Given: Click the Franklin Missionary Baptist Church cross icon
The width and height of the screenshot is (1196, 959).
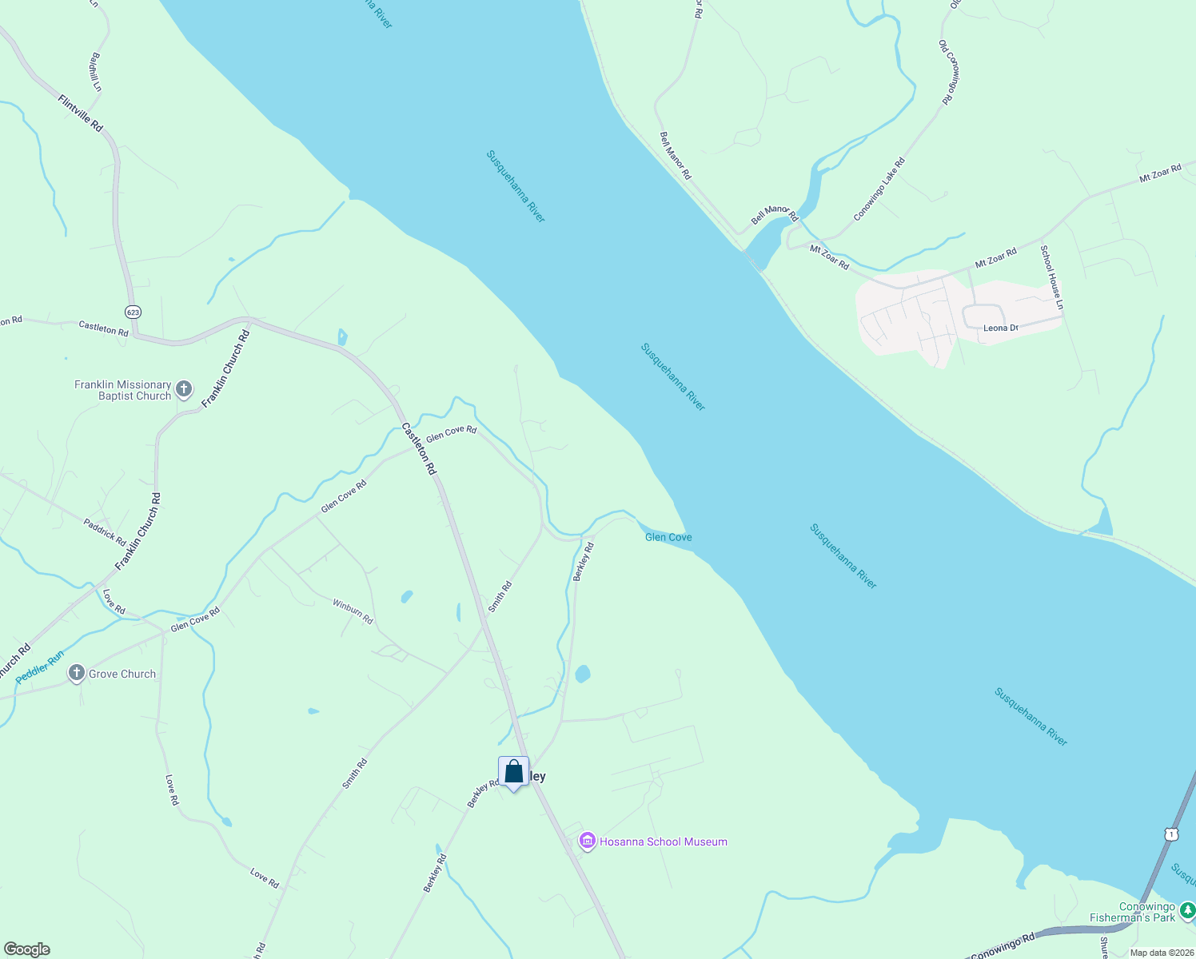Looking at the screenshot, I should pos(184,390).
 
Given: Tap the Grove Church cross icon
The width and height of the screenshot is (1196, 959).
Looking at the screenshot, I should pos(77,673).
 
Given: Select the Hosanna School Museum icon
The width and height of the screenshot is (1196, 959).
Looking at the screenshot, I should pos(588,842).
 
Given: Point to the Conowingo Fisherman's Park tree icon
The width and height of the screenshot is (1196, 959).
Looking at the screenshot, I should pos(1187,911).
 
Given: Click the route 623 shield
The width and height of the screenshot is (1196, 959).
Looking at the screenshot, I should pos(133,311).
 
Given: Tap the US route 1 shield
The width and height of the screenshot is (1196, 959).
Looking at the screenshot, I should pos(1171,834).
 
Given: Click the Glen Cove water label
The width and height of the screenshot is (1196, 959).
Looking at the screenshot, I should pos(668,537).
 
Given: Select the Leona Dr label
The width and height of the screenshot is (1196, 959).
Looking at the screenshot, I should pos(1000,328).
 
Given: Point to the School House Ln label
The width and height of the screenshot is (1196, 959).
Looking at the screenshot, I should pos(1051,277).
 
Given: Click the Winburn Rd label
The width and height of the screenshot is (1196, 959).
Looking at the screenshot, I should pos(353,611).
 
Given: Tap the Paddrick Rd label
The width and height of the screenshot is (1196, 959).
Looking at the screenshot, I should pos(105,532).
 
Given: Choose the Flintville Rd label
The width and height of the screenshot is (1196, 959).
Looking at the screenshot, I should pos(81,113).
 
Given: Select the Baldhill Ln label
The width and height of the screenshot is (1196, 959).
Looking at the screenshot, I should pos(96,72).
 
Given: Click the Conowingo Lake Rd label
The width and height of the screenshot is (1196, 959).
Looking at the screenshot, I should pos(879,189).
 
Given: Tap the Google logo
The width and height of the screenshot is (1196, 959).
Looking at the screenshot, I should pos(26,949).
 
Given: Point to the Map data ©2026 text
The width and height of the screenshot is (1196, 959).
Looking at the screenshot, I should pos(1162,953).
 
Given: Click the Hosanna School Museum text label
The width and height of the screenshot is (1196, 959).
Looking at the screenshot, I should pos(664,842).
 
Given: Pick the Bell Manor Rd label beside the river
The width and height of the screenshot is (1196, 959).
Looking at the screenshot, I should pos(675,155).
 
